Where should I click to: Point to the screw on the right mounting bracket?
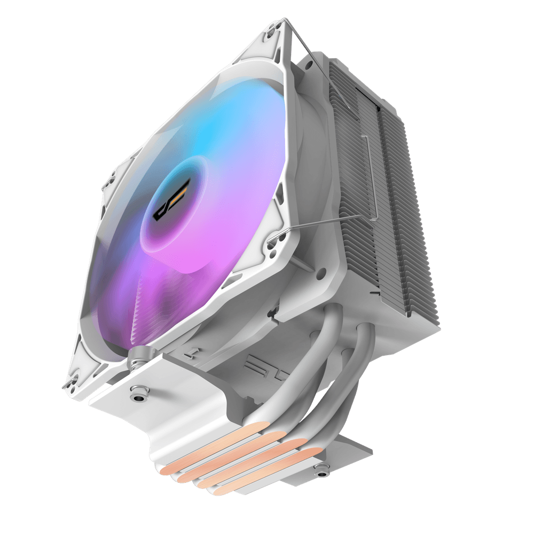coord(321,470)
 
